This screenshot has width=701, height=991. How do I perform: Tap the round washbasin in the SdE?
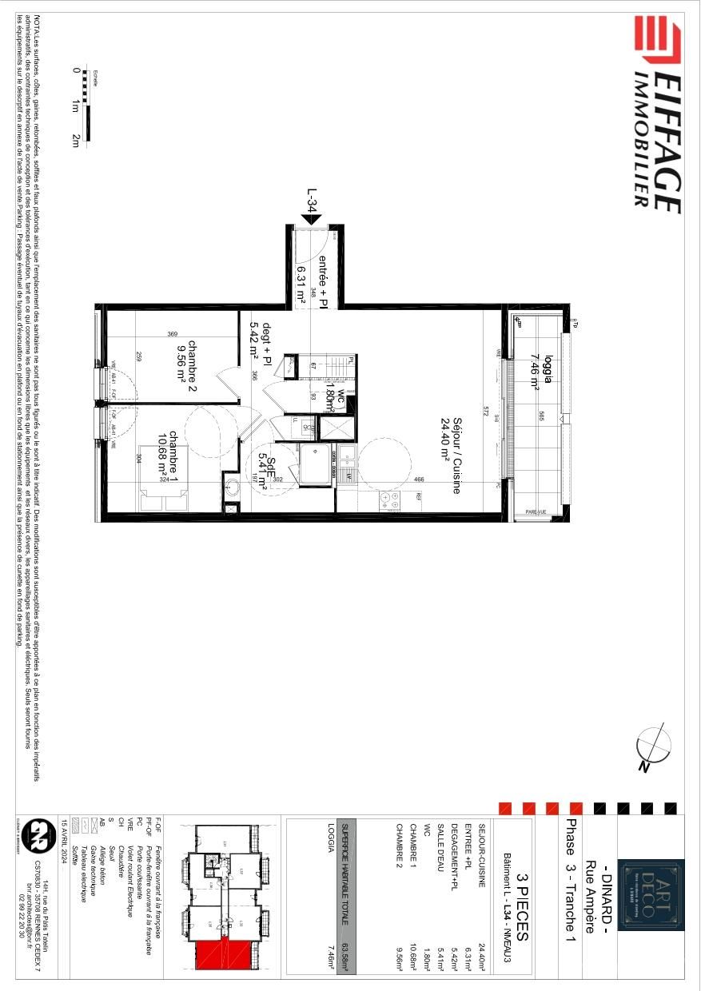click(x=232, y=487)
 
